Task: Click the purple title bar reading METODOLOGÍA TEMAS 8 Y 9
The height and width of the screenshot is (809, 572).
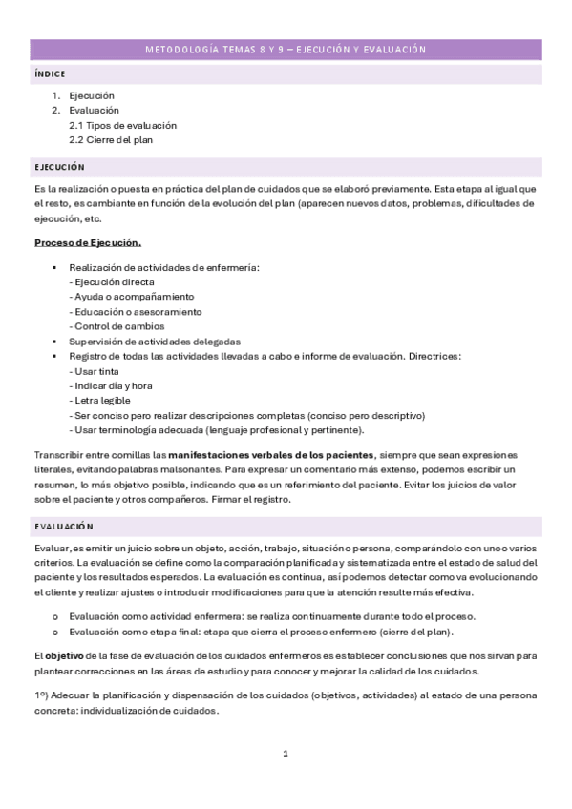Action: (x=286, y=49)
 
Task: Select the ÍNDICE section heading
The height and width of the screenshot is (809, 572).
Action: (x=50, y=73)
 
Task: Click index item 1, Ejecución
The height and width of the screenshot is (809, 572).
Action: (x=92, y=95)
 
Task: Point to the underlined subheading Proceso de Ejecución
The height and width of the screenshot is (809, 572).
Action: (x=88, y=242)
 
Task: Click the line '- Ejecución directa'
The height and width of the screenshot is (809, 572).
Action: (x=112, y=282)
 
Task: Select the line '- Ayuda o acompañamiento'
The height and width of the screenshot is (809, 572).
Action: (x=131, y=297)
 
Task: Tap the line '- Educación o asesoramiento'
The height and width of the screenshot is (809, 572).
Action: (x=136, y=312)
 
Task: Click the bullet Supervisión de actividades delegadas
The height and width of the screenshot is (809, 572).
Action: (x=154, y=342)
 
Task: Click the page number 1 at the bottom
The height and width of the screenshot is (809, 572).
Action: (x=286, y=754)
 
